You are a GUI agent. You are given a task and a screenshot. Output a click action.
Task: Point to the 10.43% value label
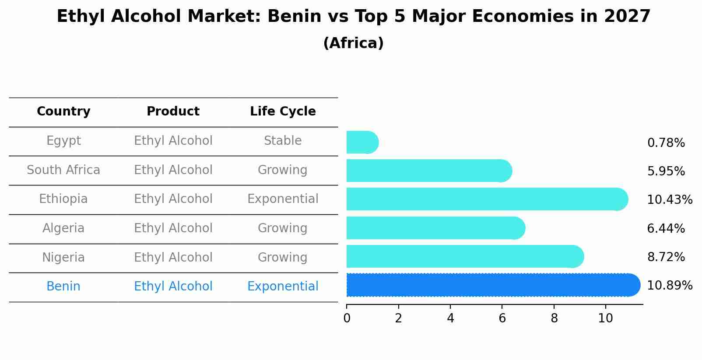669,200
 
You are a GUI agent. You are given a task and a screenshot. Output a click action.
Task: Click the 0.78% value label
666,143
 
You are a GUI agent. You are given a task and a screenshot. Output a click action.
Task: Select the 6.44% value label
666,228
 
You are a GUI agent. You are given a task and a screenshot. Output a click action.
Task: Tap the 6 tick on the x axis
502,318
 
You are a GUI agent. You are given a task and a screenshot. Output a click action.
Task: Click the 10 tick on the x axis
606,318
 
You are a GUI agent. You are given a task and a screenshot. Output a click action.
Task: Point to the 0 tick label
347,318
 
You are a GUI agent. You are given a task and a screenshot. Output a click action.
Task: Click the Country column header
63,112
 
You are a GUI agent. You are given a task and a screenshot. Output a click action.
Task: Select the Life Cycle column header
283,112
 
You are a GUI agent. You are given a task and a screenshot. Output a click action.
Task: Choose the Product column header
173,112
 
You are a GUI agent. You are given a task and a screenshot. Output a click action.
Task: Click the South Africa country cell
63,170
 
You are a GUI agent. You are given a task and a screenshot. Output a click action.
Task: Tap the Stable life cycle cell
283,141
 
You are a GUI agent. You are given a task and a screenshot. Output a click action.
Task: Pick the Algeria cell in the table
63,228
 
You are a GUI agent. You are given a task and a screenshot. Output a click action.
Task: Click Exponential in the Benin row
283,287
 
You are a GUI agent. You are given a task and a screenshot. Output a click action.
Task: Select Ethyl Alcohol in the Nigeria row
173,258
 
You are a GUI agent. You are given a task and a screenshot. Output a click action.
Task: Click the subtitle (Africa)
353,43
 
